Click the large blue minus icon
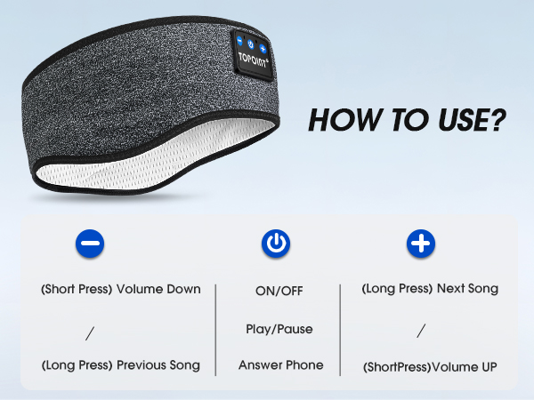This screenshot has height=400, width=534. coord(91,244)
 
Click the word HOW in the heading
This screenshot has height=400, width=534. coord(336,121)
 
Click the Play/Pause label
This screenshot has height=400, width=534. coord(279,329)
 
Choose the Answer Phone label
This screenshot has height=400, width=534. coord(280,364)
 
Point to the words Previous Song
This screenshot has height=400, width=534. coord(160,365)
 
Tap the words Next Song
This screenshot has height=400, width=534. coord(467,288)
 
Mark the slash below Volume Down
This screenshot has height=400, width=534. coord(91,333)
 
